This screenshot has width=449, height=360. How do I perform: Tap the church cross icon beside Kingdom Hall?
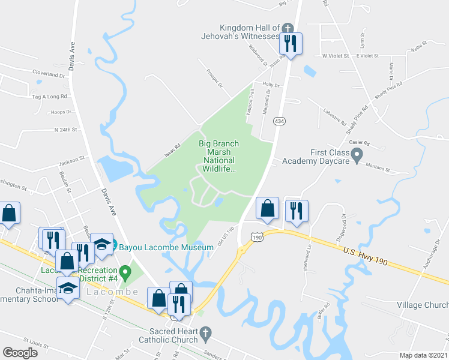point(287,28)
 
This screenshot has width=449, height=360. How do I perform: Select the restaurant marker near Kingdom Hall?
point(291,43)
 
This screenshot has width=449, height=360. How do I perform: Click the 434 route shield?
point(279,121)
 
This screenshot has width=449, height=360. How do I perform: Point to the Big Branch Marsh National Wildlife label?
point(218,157)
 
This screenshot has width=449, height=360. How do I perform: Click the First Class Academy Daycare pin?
point(357,157)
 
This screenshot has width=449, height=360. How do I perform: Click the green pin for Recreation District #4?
point(125,273)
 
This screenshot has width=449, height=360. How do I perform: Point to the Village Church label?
point(422,305)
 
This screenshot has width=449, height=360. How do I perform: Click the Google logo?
point(20,352)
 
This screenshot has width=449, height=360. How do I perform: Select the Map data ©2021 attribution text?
point(424,355)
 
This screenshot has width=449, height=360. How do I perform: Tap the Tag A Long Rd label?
point(49,96)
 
